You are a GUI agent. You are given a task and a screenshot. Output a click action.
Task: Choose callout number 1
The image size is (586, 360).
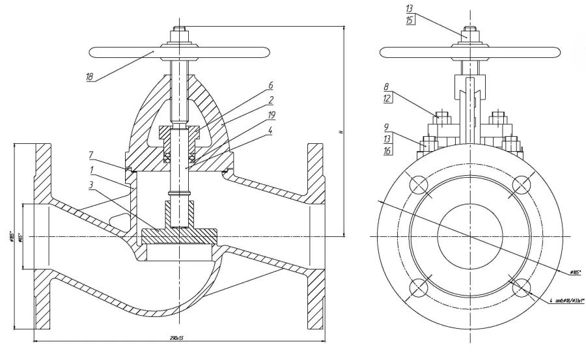(x=92, y=169)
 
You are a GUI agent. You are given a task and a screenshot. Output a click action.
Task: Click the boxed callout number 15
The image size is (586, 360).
(x=409, y=20)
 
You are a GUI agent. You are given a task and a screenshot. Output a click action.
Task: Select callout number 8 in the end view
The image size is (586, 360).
(x=385, y=86)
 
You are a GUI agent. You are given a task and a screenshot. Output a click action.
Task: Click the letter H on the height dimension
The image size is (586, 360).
(x=341, y=132)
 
